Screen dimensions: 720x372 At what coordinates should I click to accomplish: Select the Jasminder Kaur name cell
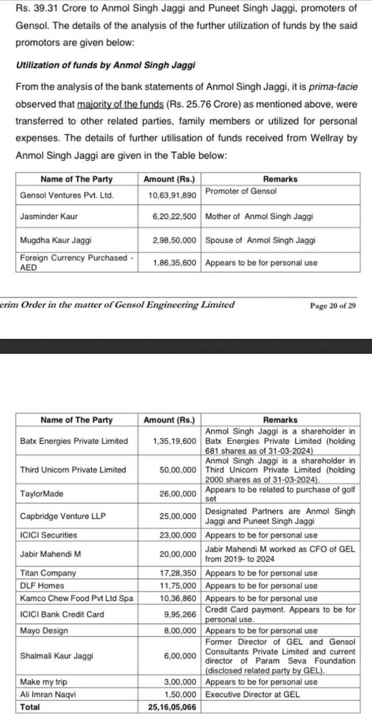pos(49,216)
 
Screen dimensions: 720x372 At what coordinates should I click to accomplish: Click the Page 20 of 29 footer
pos(332,306)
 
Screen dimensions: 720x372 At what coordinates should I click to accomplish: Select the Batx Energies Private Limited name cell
pos(74,441)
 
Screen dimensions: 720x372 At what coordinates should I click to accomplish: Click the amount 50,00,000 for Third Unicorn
pos(178,469)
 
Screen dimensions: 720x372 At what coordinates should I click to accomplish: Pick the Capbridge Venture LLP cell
pos(63,516)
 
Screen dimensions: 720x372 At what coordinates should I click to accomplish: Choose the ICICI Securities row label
pos(48,535)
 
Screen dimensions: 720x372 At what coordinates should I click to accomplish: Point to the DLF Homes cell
pos(42,585)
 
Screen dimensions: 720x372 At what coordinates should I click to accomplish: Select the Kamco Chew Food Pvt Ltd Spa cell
pos(76,598)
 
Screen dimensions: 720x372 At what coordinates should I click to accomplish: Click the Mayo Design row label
pos(44,630)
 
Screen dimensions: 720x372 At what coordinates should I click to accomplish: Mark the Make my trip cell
pos(43,682)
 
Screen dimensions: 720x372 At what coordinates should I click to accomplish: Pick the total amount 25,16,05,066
pos(172,707)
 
